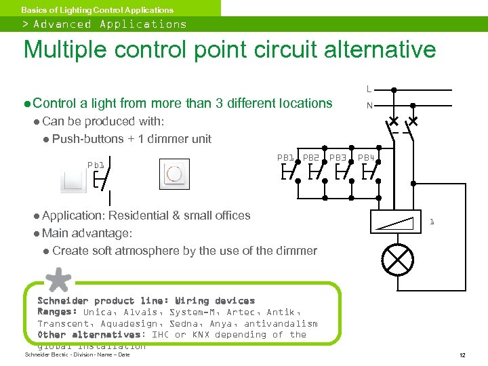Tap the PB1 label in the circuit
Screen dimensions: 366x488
pyautogui.click(x=286, y=157)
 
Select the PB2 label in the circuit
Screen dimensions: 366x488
pyautogui.click(x=311, y=157)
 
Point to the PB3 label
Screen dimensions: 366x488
pyautogui.click(x=338, y=157)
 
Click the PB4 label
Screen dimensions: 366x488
pyautogui.click(x=366, y=157)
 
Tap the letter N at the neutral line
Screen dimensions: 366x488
pyautogui.click(x=369, y=106)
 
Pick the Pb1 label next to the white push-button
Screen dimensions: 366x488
pyautogui.click(x=96, y=165)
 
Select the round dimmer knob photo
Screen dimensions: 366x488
pyautogui.click(x=175, y=174)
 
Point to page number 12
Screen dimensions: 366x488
pyautogui.click(x=462, y=355)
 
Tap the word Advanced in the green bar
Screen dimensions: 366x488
pyautogui.click(x=62, y=24)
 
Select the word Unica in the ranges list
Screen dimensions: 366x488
pyautogui.click(x=100, y=312)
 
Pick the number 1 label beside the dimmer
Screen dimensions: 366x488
pyautogui.click(x=432, y=222)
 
